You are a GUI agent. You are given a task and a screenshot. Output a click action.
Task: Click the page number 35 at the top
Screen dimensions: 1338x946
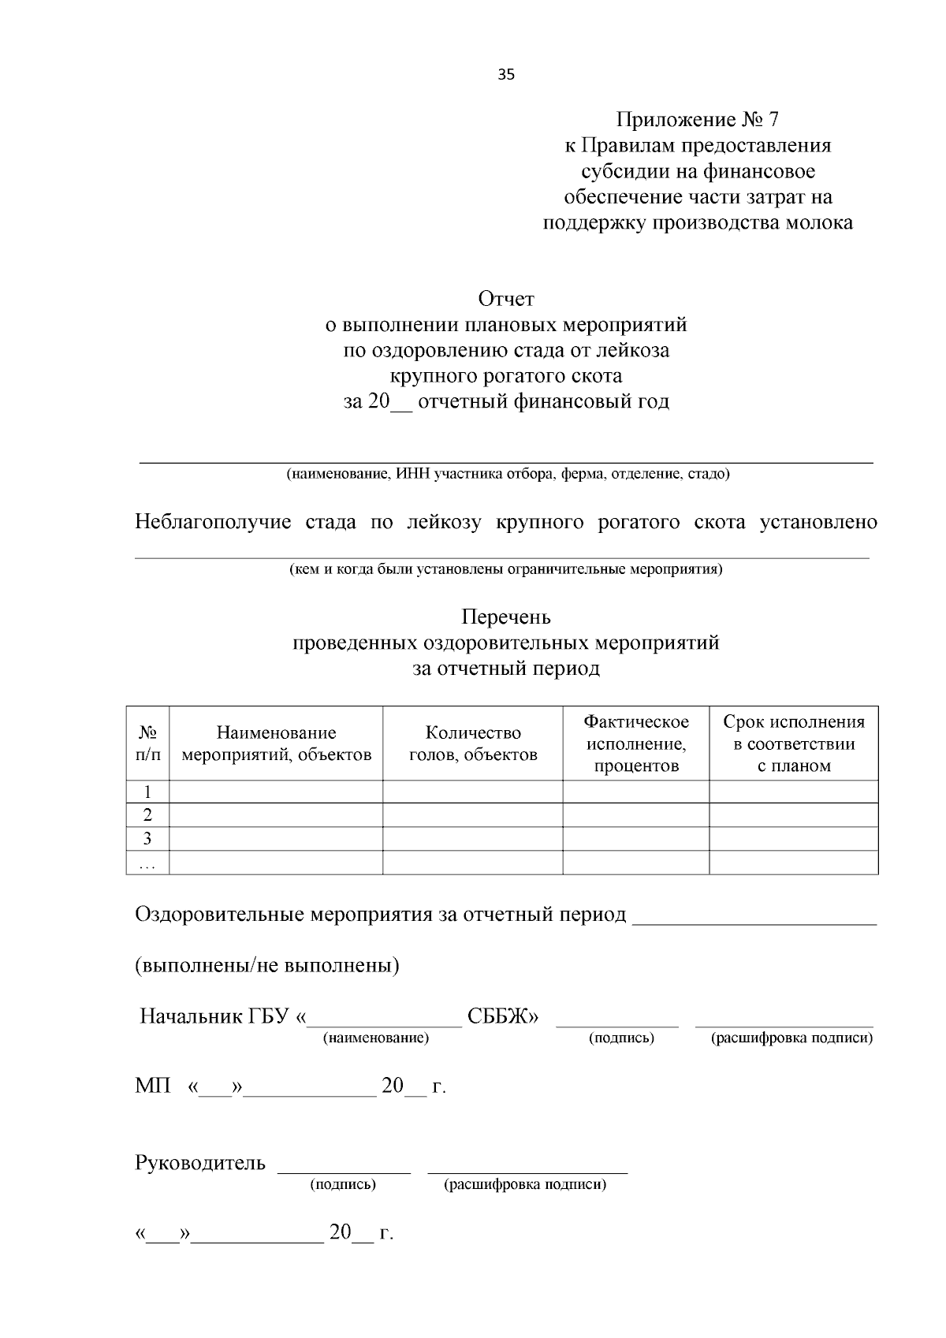pos(506,76)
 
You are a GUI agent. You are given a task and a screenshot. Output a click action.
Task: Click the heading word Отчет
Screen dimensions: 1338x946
pos(506,299)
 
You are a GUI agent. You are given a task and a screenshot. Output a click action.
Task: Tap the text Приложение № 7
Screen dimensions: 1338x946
pos(697,120)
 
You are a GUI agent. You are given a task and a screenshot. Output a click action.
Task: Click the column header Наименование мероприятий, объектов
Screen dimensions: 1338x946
pos(276,744)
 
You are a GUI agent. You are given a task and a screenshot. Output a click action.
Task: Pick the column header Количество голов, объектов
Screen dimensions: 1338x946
pos(472,744)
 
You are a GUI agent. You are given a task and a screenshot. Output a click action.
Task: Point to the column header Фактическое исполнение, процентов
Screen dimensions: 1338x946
pos(635,744)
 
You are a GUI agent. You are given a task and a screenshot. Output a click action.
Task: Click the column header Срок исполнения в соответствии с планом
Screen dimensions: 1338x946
pos(793,744)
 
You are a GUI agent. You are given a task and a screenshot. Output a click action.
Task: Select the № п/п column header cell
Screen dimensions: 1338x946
pos(147,744)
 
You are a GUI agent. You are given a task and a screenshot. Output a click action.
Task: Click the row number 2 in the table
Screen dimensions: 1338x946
pos(147,815)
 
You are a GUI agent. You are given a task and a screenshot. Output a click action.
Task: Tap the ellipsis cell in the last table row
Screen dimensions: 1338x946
pos(147,863)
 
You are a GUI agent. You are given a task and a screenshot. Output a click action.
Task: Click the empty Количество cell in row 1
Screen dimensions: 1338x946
pos(472,792)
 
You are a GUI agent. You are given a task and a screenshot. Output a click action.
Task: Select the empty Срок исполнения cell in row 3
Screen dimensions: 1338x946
pos(793,839)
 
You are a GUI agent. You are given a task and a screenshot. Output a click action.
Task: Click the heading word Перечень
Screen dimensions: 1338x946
pos(506,617)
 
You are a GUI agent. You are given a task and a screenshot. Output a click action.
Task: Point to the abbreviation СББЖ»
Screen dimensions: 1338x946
pos(503,1016)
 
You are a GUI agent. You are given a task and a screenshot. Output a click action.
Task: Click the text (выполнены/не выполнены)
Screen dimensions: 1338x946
pos(267,965)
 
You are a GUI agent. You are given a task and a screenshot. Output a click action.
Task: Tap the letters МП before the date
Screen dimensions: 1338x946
pos(152,1086)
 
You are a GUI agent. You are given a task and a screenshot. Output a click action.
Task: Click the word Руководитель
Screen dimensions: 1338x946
pos(200,1163)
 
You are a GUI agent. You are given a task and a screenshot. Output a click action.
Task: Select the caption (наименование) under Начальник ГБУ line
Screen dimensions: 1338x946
pos(376,1038)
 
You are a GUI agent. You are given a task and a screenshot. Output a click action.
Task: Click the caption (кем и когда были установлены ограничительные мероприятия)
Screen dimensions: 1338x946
pos(505,569)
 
